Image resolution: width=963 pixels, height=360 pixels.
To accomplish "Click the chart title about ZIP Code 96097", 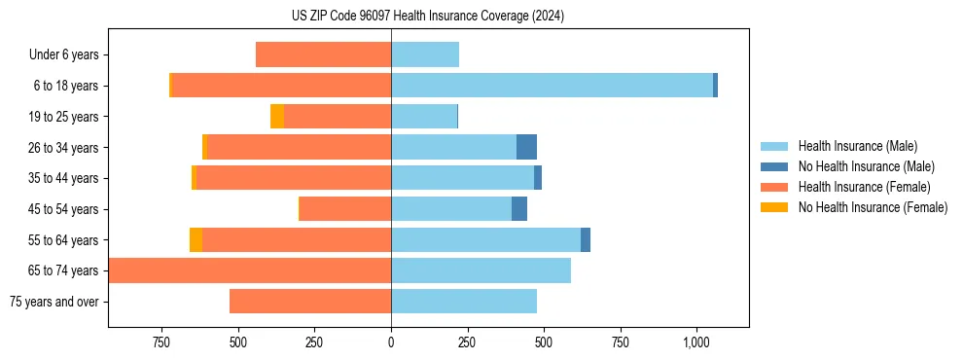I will point(428,16).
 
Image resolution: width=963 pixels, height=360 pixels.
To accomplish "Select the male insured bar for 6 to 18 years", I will point(552,86).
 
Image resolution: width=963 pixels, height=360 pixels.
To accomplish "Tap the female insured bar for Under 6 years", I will point(323,54).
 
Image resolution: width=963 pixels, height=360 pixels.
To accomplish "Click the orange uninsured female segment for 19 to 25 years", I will point(277,117).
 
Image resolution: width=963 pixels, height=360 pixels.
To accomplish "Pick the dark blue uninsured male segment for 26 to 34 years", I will point(526,147).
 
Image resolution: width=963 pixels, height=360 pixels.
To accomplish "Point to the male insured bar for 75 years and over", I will point(464,302).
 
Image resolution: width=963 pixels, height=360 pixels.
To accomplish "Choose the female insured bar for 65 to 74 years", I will point(250,270).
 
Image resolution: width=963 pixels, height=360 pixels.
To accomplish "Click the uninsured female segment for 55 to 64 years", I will point(196,240).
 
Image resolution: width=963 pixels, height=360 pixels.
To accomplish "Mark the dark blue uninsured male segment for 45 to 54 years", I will point(519,209).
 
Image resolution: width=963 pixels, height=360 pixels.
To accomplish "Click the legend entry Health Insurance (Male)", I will point(852,146).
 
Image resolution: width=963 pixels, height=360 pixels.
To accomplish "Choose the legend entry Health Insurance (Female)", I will point(856,187).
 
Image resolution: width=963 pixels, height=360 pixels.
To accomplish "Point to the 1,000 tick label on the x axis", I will point(696,342).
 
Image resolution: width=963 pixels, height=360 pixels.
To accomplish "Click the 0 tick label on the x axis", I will point(391,342).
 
